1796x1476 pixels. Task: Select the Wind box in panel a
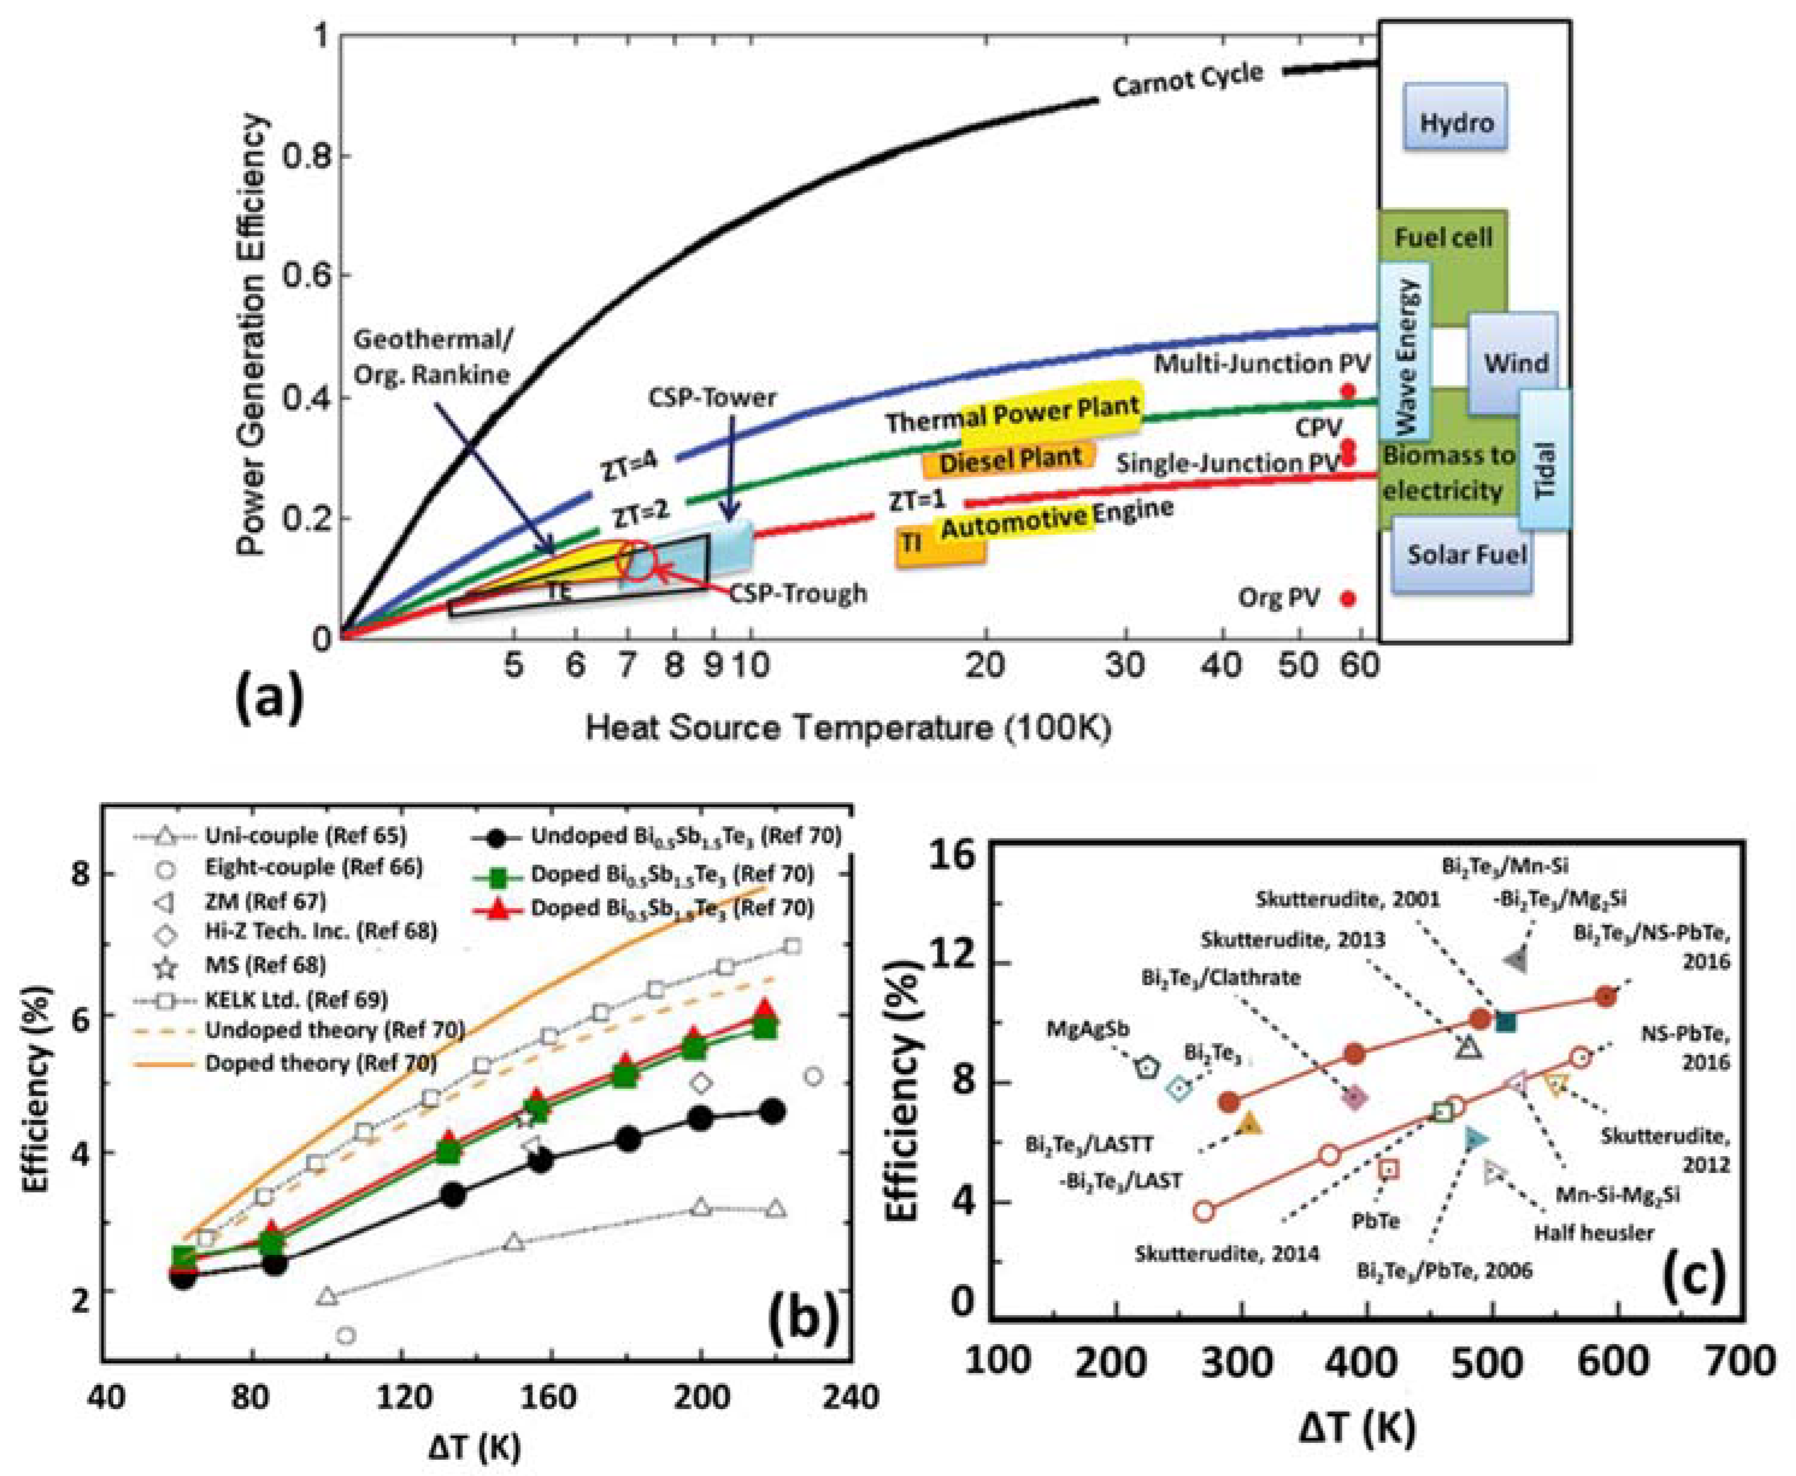tap(1515, 363)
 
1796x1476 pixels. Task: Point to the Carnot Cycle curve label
tap(1187, 82)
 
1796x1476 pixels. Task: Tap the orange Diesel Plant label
tap(1009, 459)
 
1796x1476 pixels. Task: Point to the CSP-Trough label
tap(797, 593)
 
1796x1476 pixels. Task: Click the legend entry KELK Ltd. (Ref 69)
tap(296, 999)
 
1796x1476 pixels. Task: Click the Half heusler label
tap(1594, 1233)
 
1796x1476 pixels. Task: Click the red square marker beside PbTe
tap(1389, 1169)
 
